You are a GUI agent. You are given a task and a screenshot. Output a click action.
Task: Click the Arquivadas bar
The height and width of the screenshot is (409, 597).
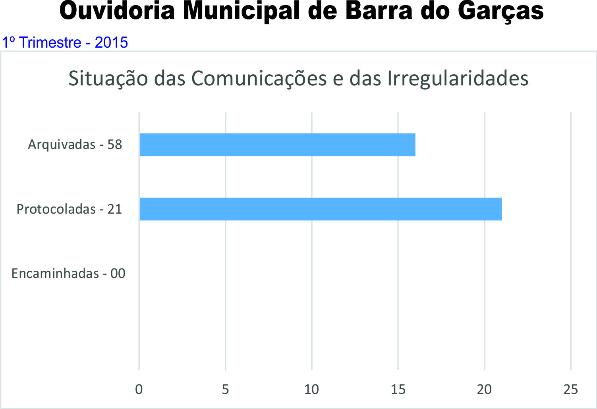click(x=277, y=145)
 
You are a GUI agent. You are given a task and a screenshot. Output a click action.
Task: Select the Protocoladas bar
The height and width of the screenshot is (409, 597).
click(x=321, y=209)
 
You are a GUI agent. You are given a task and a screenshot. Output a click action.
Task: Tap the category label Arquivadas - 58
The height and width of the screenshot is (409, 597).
click(x=75, y=144)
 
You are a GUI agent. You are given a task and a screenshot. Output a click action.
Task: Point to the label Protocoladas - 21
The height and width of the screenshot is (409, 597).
click(x=69, y=209)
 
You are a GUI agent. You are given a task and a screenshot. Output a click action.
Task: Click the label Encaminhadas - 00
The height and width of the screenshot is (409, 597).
click(x=68, y=274)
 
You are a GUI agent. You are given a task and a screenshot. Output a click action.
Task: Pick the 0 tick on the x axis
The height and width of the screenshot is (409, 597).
click(x=139, y=390)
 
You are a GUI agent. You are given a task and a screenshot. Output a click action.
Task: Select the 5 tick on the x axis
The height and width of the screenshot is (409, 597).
click(x=225, y=390)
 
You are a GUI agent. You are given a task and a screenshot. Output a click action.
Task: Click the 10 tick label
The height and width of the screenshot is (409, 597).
click(x=311, y=390)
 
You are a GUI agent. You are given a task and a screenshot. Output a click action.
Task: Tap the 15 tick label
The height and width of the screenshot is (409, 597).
click(x=398, y=390)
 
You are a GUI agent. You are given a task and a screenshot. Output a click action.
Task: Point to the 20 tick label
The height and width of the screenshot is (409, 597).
click(x=484, y=390)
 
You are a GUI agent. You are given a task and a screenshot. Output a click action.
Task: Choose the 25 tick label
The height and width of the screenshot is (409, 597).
click(x=570, y=390)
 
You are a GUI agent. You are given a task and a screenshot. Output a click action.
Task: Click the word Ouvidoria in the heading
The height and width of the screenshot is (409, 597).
click(x=117, y=11)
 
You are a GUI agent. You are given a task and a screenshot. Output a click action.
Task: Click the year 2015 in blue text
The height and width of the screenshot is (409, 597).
click(x=111, y=42)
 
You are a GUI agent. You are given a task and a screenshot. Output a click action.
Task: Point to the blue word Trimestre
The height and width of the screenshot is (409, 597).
click(x=50, y=42)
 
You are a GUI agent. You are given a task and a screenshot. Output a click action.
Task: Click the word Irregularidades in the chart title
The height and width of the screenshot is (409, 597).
click(x=458, y=79)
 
